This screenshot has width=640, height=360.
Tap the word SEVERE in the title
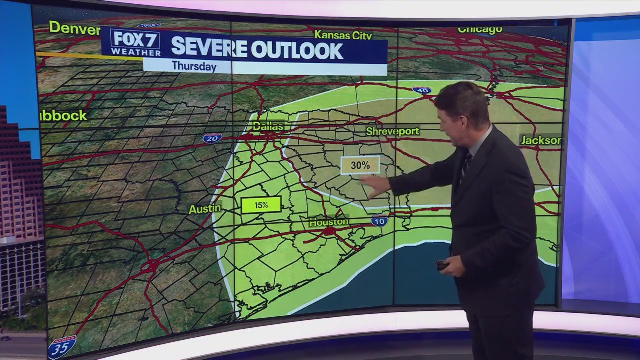tap(209, 48)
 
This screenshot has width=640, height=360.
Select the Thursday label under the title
tap(194, 66)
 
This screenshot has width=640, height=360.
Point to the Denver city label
tap(74, 28)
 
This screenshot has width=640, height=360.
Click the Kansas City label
tap(343, 35)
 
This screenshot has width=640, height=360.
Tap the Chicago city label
tap(480, 30)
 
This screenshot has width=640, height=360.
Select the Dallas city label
tap(268, 126)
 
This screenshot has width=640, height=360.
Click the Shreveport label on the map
tap(392, 131)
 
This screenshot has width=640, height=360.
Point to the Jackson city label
tap(541, 140)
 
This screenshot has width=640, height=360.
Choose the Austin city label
tap(205, 209)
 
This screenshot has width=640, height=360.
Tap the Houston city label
tap(328, 222)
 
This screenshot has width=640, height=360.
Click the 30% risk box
tap(360, 165)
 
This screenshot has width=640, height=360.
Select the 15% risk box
tap(261, 205)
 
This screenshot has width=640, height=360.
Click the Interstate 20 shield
tap(212, 138)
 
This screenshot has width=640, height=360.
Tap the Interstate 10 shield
tap(379, 221)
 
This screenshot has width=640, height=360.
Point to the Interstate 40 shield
tap(421, 90)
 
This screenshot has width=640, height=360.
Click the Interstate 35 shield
tap(62, 346)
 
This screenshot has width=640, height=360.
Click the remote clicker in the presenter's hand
tap(442, 265)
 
